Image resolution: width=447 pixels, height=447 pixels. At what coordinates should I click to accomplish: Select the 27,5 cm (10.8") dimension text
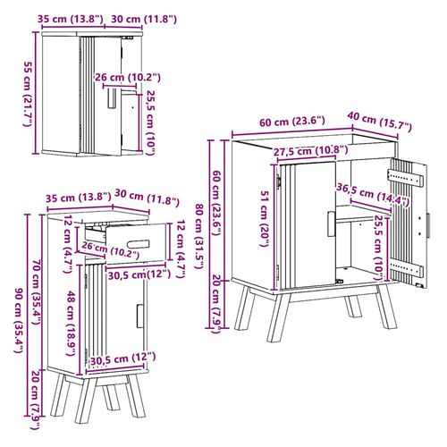(310, 151)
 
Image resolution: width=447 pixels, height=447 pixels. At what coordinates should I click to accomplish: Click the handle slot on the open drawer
(139, 244)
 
